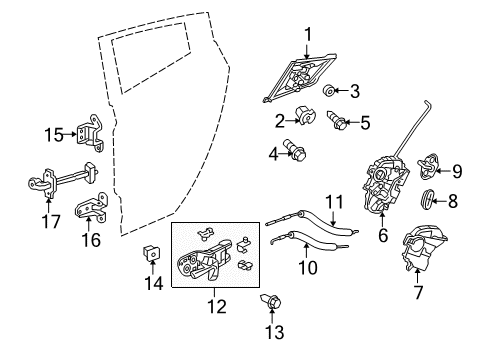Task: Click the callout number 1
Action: point(308,35)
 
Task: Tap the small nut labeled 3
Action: point(330,90)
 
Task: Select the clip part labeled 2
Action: point(305,116)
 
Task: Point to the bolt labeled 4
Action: point(294,150)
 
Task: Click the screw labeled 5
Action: point(337,120)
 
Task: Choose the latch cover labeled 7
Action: point(423,247)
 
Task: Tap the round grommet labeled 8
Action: point(427,199)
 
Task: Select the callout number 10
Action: point(308,267)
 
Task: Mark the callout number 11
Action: point(334,202)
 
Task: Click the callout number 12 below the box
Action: point(217,307)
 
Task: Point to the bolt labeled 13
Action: point(271,302)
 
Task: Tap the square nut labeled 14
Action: point(151,253)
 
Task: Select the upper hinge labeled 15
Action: point(90,133)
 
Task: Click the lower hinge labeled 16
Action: point(91,207)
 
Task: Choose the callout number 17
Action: point(51,222)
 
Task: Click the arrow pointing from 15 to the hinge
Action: point(69,134)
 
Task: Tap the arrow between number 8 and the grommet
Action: point(440,201)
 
